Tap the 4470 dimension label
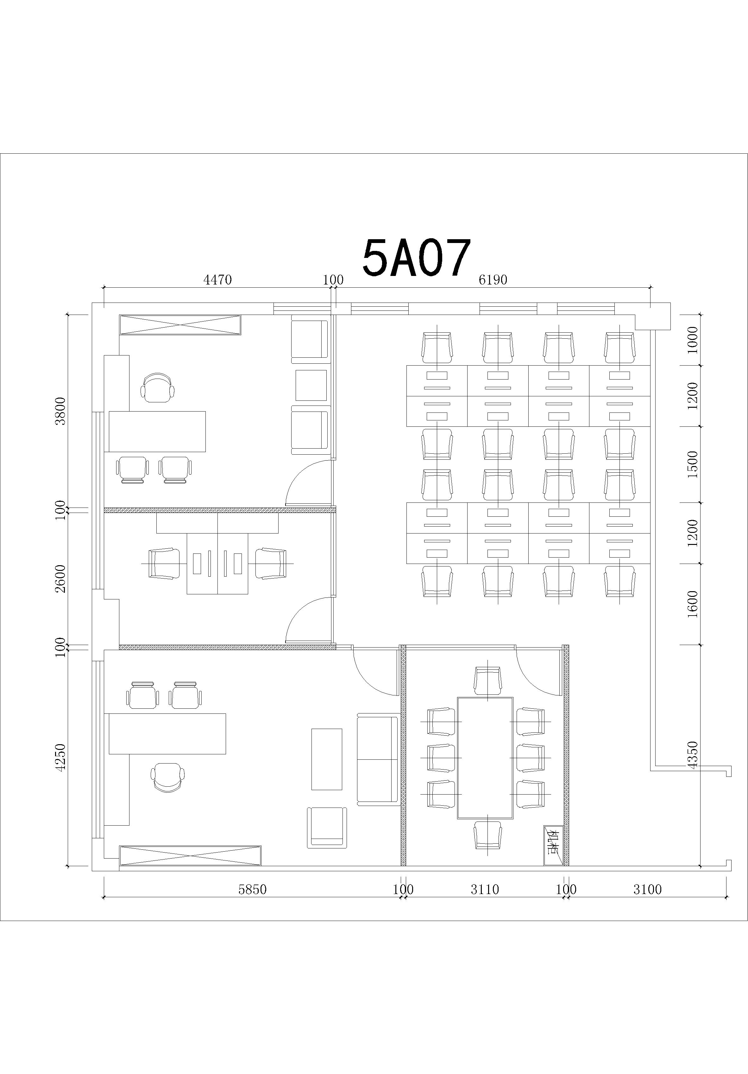click(217, 280)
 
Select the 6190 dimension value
click(493, 280)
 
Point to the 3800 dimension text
click(61, 411)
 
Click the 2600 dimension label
click(61, 579)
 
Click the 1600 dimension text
click(693, 604)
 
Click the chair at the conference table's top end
click(487, 681)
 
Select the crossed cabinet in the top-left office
click(180, 325)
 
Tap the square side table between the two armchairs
click(311, 385)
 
